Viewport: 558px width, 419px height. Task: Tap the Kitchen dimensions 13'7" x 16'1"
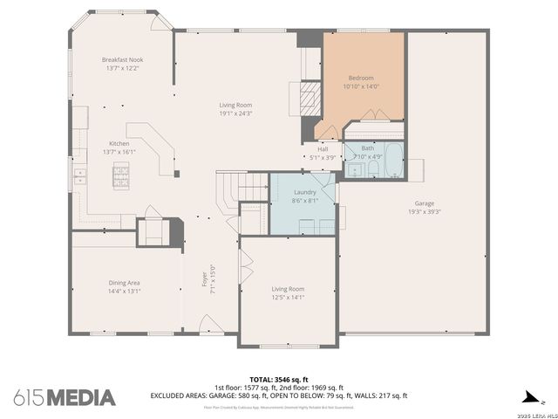pyautogui.click(x=119, y=152)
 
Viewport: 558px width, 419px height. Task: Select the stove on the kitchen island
pyautogui.click(x=120, y=178)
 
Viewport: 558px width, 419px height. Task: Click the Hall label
pyautogui.click(x=322, y=149)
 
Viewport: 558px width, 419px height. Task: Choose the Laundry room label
pyautogui.click(x=304, y=191)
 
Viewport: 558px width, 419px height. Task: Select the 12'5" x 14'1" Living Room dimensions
pyautogui.click(x=288, y=297)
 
